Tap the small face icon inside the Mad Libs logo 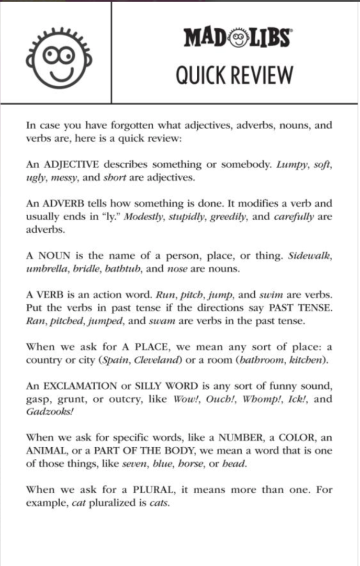(x=238, y=38)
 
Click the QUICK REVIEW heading (x=234, y=75)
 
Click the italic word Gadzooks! (x=50, y=413)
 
